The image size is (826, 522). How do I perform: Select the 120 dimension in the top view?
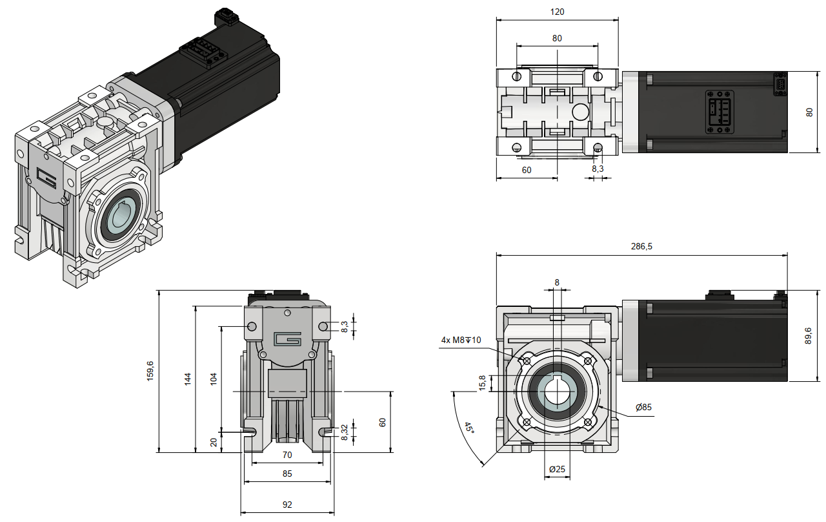point(558,12)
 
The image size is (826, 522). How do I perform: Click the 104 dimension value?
point(214,379)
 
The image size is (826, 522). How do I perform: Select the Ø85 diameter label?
point(643,408)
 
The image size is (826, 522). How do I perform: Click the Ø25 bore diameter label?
point(557,468)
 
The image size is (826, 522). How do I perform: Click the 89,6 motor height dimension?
point(808,335)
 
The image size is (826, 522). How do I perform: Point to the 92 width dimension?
point(287,505)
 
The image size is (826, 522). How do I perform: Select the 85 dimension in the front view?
point(287,474)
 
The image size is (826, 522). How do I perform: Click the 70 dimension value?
point(287,455)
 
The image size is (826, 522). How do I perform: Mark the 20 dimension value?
point(214,442)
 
